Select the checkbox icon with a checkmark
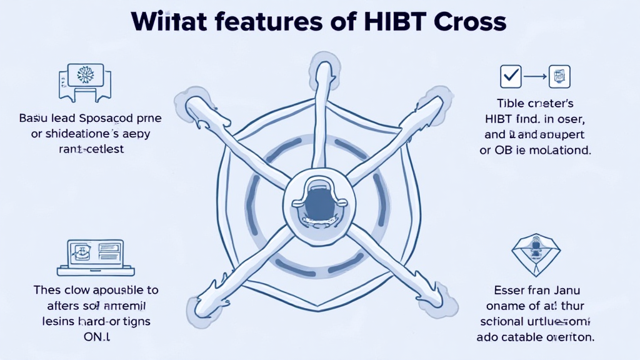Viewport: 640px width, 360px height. pos(511,76)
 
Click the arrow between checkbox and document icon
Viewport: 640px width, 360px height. pos(535,76)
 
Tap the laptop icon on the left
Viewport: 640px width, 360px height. pos(96,256)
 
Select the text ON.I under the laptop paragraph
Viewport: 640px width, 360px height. pos(96,337)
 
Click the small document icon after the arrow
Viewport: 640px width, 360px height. pos(559,76)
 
